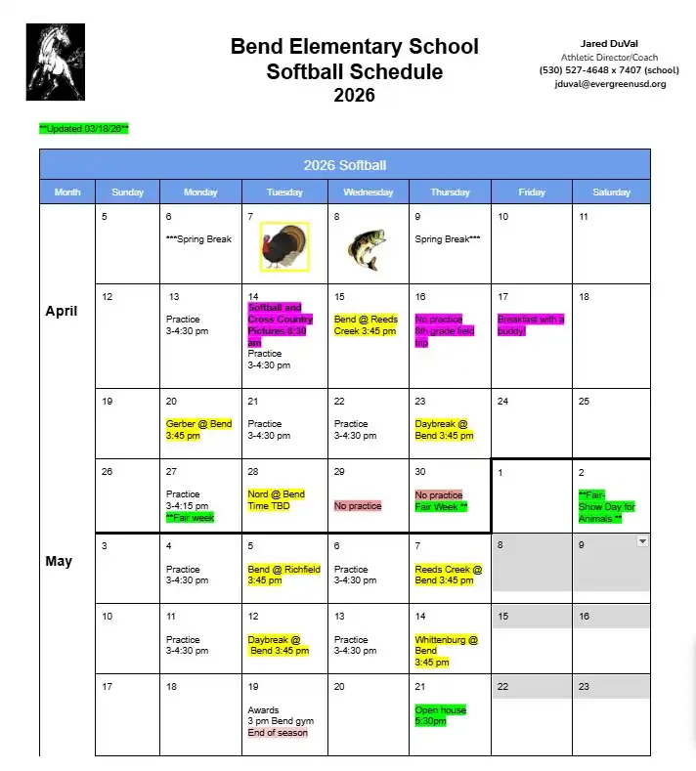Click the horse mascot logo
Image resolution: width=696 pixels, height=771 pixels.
click(56, 62)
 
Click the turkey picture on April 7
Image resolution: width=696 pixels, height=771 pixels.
click(284, 246)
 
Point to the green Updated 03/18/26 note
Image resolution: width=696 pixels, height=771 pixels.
click(84, 129)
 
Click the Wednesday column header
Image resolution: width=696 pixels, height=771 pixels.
click(368, 193)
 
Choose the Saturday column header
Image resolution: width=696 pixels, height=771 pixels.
click(611, 193)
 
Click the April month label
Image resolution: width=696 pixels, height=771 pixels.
click(62, 312)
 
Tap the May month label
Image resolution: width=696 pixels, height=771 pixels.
click(58, 562)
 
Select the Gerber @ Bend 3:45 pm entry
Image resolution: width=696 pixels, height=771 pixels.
click(199, 430)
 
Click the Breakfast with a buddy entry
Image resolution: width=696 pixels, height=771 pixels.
click(531, 325)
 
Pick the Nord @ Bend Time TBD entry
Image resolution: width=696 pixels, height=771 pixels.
click(277, 500)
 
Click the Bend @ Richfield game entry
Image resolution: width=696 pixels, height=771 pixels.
click(283, 575)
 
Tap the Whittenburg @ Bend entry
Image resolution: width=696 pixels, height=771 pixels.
click(446, 651)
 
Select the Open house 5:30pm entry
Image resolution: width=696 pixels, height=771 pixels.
click(440, 715)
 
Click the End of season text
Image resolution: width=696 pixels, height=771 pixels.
click(278, 733)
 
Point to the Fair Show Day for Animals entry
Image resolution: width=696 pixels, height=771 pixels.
click(607, 506)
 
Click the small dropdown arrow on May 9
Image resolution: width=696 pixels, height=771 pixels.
click(642, 540)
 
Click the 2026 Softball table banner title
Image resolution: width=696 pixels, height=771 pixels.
click(344, 165)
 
